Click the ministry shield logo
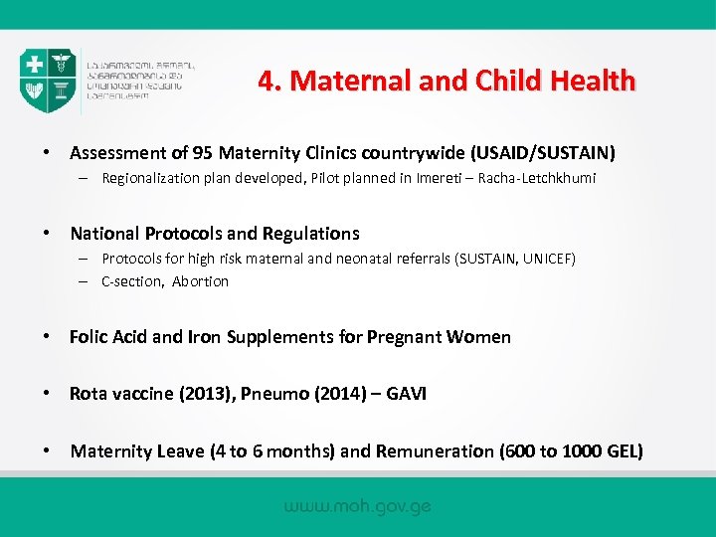pos(48,81)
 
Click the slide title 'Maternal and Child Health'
pos(447,81)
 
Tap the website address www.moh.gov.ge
pos(358,506)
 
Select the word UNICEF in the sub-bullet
pos(545,259)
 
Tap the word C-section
pos(132,281)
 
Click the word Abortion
pos(200,281)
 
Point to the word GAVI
pos(404,394)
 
